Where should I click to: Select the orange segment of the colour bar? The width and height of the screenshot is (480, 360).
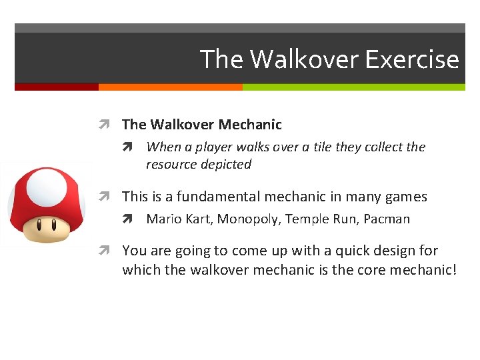click(x=170, y=87)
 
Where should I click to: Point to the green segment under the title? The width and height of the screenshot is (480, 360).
click(x=353, y=87)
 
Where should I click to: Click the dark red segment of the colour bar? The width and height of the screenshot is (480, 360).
click(x=57, y=87)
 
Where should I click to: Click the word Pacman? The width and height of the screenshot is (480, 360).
click(x=387, y=219)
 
